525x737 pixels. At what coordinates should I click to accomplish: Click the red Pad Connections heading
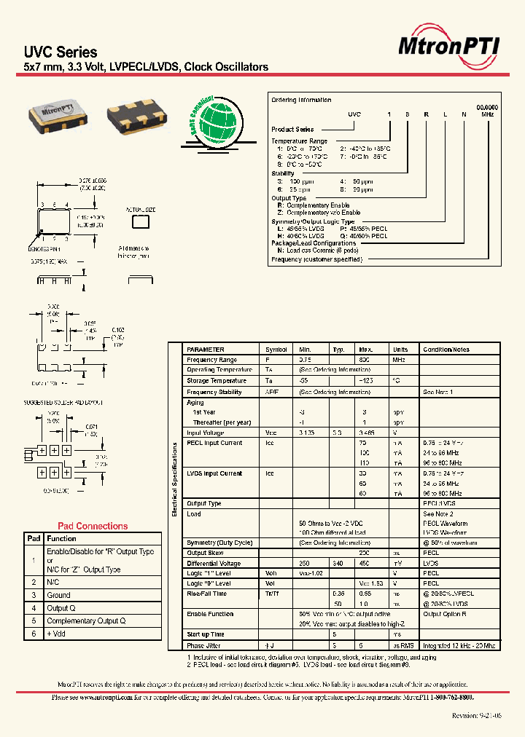(93, 526)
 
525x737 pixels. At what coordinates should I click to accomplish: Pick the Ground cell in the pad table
(59, 595)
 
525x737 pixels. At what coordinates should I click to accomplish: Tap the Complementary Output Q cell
(86, 620)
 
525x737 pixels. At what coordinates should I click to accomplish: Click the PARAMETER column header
(206, 350)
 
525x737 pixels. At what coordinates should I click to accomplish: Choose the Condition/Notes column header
(446, 350)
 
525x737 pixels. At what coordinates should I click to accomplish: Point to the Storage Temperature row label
(217, 380)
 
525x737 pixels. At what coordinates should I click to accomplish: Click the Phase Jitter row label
(205, 645)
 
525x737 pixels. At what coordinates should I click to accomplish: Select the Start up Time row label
(206, 634)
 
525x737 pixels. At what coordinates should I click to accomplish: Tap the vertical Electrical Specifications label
(175, 481)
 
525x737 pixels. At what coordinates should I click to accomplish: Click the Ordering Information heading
(301, 100)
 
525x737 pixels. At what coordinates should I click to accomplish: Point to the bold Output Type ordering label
(289, 198)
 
